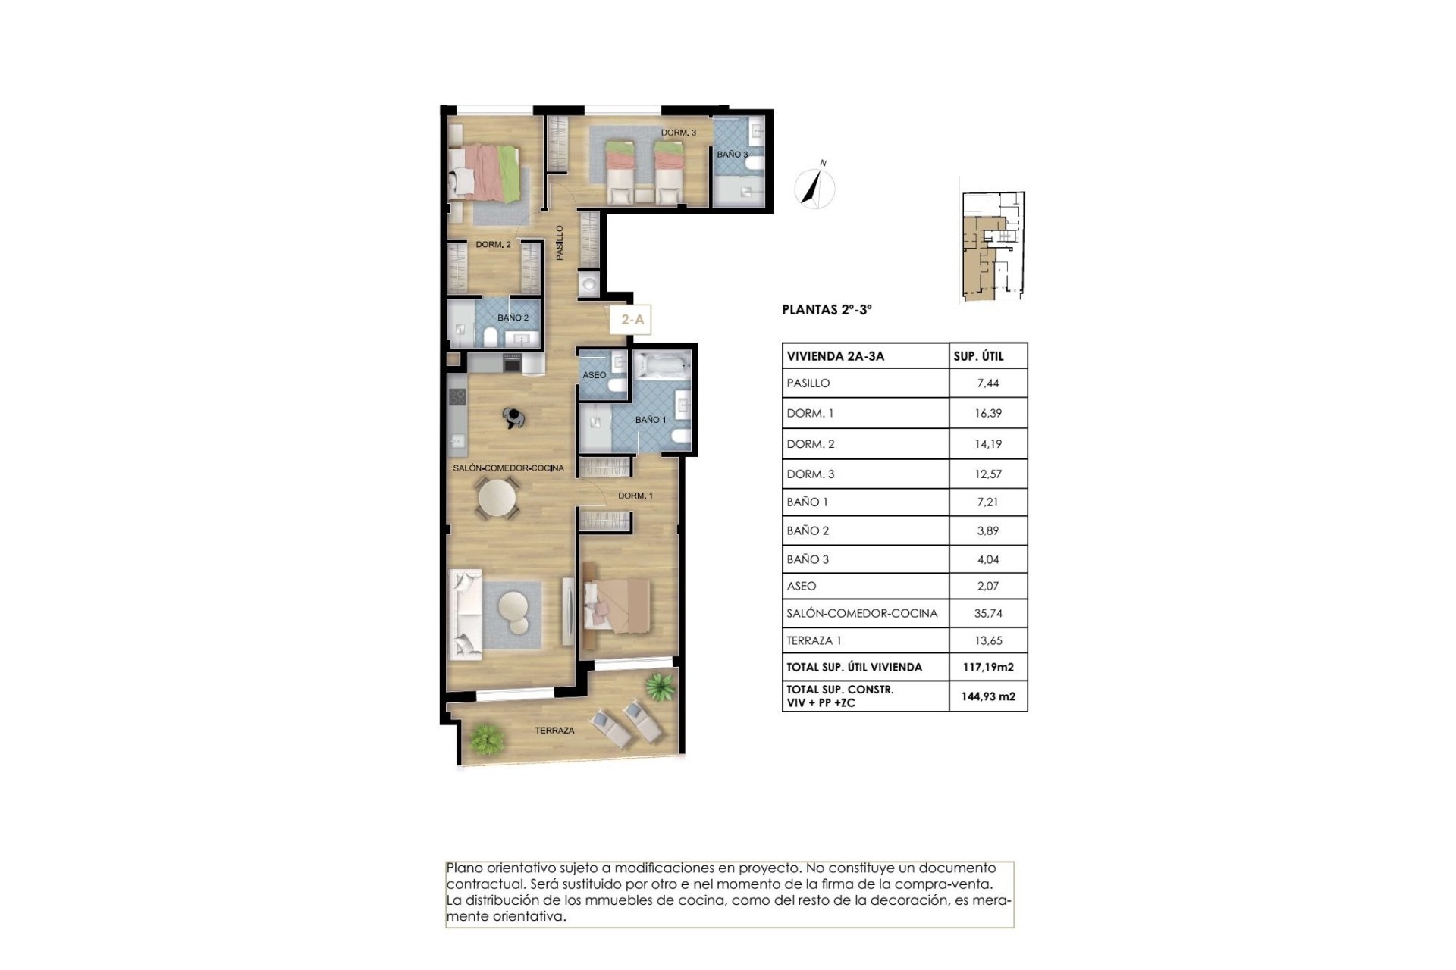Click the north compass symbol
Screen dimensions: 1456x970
click(x=815, y=186)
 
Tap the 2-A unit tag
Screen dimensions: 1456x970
click(x=632, y=320)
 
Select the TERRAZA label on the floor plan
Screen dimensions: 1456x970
click(x=554, y=731)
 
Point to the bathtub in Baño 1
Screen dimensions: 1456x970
click(x=661, y=366)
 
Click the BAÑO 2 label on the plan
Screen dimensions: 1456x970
click(x=513, y=318)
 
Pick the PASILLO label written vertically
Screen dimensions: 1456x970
click(x=560, y=242)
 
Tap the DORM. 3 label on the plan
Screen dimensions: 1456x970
click(x=678, y=133)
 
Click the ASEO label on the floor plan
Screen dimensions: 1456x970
click(x=594, y=375)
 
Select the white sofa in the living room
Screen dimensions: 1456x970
click(x=466, y=615)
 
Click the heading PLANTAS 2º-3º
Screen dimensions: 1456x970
click(x=827, y=310)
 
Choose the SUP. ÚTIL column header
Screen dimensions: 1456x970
click(x=978, y=356)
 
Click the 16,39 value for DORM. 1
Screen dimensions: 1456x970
click(x=988, y=414)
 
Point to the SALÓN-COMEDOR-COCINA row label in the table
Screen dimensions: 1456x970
click(x=862, y=613)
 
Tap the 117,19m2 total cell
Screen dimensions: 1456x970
click(x=988, y=668)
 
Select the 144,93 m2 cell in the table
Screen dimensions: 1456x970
click(x=988, y=696)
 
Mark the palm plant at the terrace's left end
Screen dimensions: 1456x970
click(x=485, y=736)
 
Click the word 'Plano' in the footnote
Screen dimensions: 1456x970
click(x=464, y=868)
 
